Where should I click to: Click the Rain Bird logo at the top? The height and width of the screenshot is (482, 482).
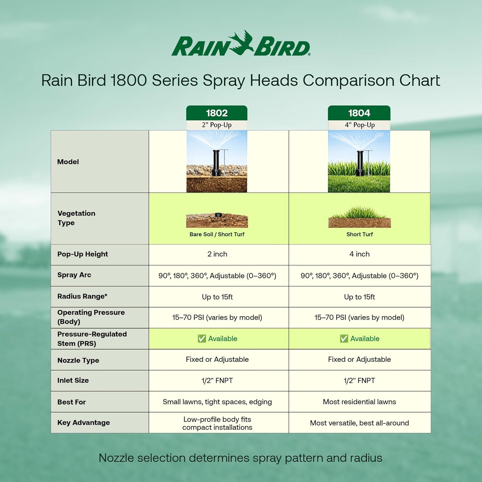coord(241,45)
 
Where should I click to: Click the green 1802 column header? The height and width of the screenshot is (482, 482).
coord(217,113)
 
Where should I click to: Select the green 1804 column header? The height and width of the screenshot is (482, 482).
coord(359,113)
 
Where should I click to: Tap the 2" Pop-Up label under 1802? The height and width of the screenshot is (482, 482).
coord(217,125)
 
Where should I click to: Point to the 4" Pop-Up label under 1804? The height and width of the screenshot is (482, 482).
coord(360,125)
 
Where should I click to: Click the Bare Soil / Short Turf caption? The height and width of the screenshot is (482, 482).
coord(217,234)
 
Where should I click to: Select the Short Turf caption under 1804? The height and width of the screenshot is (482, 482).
coord(360,234)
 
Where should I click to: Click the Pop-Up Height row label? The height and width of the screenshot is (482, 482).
coord(83,254)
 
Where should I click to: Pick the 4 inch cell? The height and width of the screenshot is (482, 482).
coord(360,254)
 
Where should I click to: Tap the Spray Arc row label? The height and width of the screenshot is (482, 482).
coord(74,275)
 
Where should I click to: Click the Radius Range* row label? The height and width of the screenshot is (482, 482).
coord(82,296)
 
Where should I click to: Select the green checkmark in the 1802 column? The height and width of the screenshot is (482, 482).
coord(202,339)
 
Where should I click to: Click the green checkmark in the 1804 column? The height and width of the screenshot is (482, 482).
coord(344,339)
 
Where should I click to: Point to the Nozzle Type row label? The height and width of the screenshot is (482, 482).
coord(78,360)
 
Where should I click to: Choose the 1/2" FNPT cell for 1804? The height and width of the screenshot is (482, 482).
coord(360,380)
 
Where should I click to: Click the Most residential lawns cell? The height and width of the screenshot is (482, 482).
coord(360,402)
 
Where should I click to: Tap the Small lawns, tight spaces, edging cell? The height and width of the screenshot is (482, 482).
coord(217,402)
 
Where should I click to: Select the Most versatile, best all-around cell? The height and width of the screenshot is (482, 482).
coord(360,423)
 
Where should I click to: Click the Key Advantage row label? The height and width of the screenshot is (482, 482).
coord(84,423)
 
